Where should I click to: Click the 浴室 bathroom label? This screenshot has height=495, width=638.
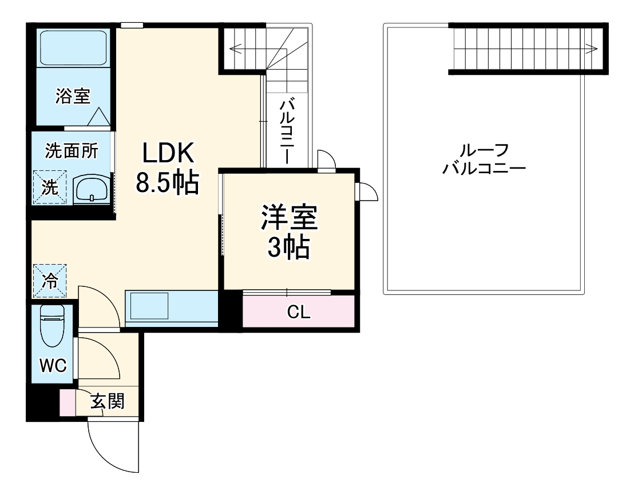[x=73, y=96]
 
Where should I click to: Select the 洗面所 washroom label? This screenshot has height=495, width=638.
[x=72, y=151]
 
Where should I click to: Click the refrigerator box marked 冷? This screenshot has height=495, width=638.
[x=50, y=281]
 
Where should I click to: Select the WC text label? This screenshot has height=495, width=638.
[x=53, y=365]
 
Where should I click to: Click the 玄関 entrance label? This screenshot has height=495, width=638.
[x=107, y=402]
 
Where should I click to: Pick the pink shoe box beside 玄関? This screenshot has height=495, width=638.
[x=68, y=402]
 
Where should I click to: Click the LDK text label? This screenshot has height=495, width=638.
[x=169, y=153]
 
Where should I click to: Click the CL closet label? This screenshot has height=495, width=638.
[x=299, y=312]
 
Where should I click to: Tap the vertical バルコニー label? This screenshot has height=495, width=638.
[x=287, y=131]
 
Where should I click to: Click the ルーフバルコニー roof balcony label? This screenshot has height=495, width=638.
[x=484, y=159]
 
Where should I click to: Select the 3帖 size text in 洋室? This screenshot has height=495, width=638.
[x=289, y=248]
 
